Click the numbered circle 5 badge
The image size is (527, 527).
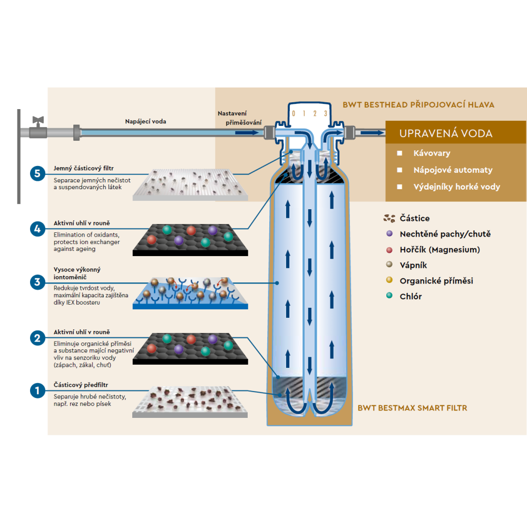pyautogui.click(x=37, y=173)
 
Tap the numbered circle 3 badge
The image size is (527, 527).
pyautogui.click(x=37, y=282)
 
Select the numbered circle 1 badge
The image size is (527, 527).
pyautogui.click(x=37, y=391)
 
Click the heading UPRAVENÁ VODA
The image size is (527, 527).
pyautogui.click(x=446, y=133)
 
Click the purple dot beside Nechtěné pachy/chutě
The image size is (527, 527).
pyautogui.click(x=389, y=233)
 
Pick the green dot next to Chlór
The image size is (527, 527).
pyautogui.click(x=389, y=296)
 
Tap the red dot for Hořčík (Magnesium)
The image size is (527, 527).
pyautogui.click(x=389, y=249)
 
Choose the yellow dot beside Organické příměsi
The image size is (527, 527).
pyautogui.click(x=389, y=280)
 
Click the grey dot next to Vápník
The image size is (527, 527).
pyautogui.click(x=389, y=265)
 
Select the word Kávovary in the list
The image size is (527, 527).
pyautogui.click(x=431, y=153)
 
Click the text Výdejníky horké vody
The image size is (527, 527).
pyautogui.click(x=456, y=187)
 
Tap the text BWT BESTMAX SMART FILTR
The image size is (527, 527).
pyautogui.click(x=412, y=407)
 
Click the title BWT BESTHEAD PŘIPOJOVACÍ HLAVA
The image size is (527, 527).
pyautogui.click(x=418, y=105)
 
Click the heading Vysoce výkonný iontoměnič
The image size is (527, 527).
pyautogui.click(x=77, y=273)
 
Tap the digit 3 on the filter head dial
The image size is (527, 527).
pyautogui.click(x=326, y=113)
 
